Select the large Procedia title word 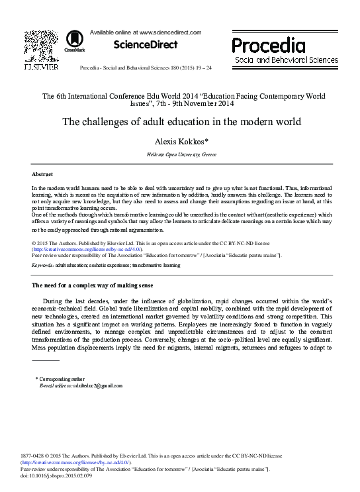tap(268, 46)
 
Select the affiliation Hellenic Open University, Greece tap(181, 154)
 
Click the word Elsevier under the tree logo tap(40, 67)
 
